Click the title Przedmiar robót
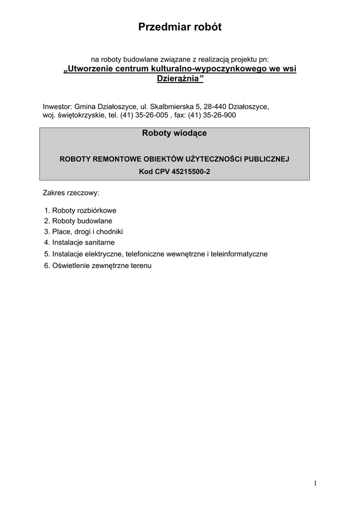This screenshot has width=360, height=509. click(180, 28)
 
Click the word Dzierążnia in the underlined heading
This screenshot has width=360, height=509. click(177, 79)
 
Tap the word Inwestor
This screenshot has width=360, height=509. click(57, 107)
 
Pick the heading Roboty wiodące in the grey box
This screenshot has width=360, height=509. click(174, 133)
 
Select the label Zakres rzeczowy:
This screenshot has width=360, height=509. click(71, 192)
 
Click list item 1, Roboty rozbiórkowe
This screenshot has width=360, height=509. click(80, 210)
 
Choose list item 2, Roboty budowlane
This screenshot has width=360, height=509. click(78, 221)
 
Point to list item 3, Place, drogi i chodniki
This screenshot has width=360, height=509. click(83, 232)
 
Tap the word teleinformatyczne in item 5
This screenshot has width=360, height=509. click(239, 254)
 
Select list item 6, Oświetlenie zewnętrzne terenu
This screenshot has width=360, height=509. click(97, 265)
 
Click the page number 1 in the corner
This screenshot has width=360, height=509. click(315, 483)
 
